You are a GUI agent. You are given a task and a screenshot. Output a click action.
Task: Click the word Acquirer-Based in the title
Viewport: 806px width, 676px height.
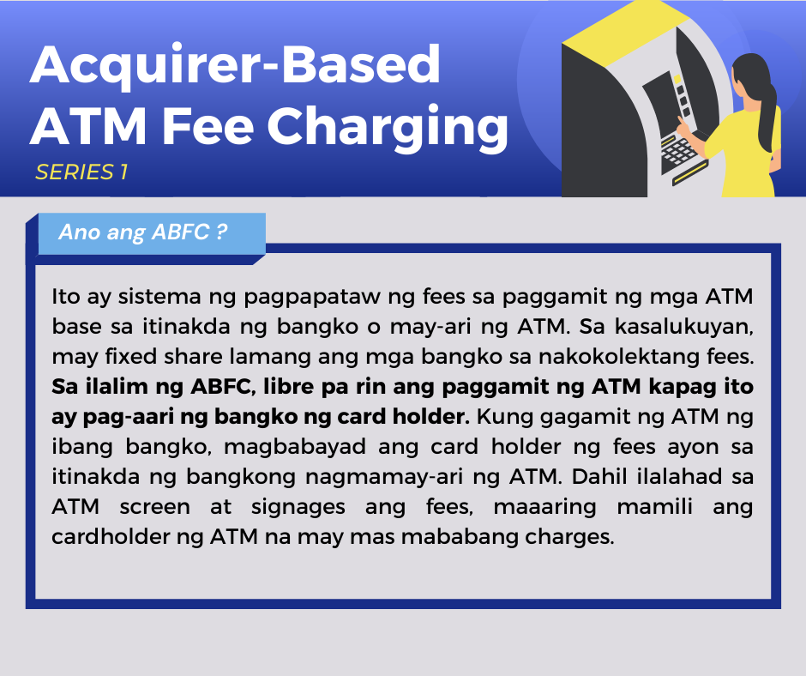(x=235, y=66)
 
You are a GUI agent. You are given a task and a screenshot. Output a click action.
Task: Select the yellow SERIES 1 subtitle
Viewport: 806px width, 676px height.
(x=81, y=172)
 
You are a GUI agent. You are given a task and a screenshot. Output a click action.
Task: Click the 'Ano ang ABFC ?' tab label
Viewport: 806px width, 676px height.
(x=143, y=232)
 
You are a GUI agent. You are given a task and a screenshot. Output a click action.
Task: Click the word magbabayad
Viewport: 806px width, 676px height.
(x=295, y=448)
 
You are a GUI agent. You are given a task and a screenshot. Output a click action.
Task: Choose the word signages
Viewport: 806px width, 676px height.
(x=298, y=508)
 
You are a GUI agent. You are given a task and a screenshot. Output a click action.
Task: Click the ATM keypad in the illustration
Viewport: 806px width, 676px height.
(x=678, y=153)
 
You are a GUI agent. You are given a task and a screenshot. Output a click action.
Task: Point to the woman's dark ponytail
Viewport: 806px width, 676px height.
(x=767, y=113)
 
